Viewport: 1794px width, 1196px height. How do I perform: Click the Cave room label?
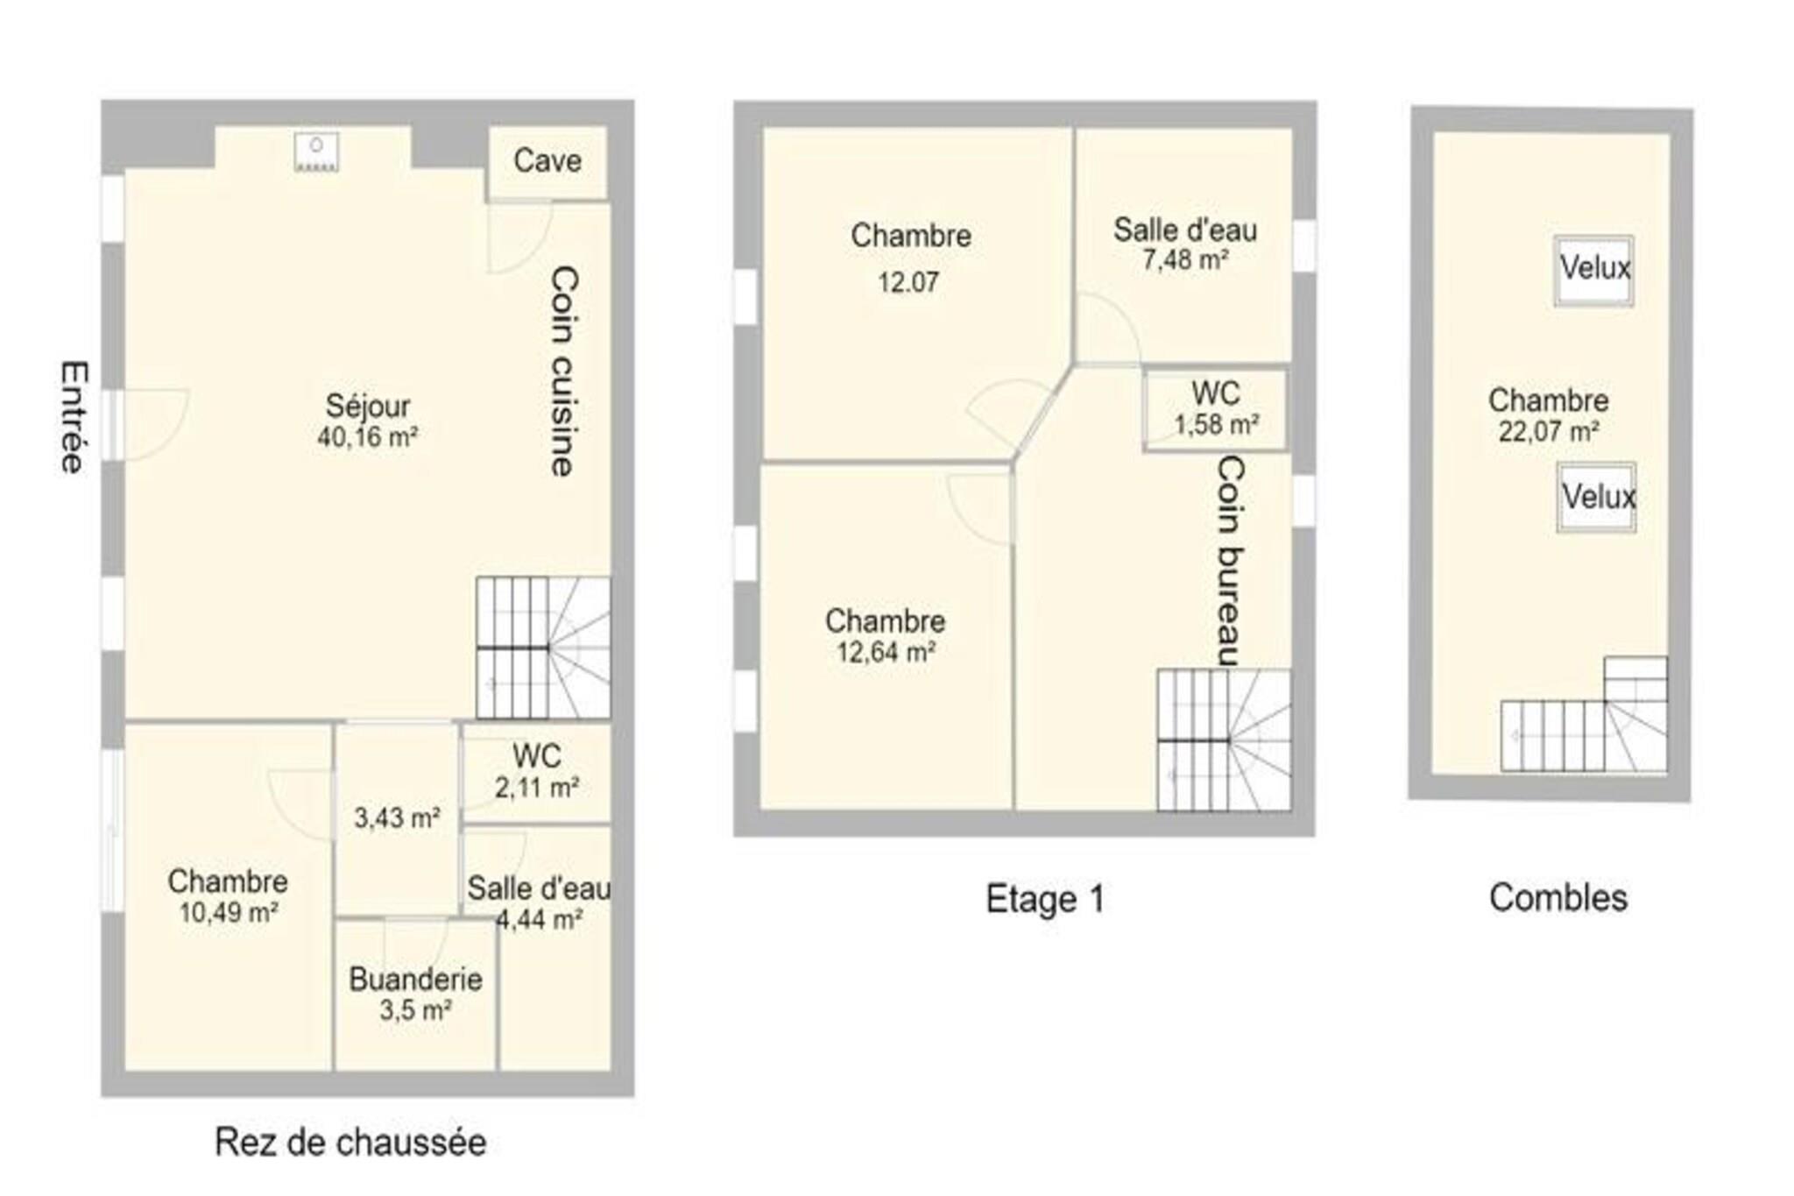point(547,160)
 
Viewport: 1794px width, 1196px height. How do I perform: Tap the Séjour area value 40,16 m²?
point(367,436)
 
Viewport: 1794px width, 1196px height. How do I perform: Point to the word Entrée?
point(74,417)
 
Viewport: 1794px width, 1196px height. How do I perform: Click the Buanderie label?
point(415,979)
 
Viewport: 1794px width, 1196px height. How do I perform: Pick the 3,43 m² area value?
point(397,817)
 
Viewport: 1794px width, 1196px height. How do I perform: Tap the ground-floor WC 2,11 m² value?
point(537,788)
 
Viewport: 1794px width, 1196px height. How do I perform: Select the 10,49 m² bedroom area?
point(229,912)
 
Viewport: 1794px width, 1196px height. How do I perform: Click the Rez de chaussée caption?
point(350,1143)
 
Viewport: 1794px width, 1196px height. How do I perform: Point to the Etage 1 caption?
point(1046,899)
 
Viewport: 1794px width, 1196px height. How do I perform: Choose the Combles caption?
point(1558,898)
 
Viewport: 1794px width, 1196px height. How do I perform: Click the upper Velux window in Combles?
point(1594,270)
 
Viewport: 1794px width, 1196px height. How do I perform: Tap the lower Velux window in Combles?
point(1597,497)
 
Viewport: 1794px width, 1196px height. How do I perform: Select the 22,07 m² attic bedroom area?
point(1549,431)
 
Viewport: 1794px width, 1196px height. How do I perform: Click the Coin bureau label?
point(1231,562)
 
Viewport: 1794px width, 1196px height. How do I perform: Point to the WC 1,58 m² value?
point(1217,425)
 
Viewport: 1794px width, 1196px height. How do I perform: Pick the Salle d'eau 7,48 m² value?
point(1185,260)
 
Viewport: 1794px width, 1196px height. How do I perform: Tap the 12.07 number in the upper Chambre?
point(908,282)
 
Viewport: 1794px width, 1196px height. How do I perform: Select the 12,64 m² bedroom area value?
point(886,652)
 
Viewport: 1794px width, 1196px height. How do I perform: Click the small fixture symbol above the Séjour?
point(316,152)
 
